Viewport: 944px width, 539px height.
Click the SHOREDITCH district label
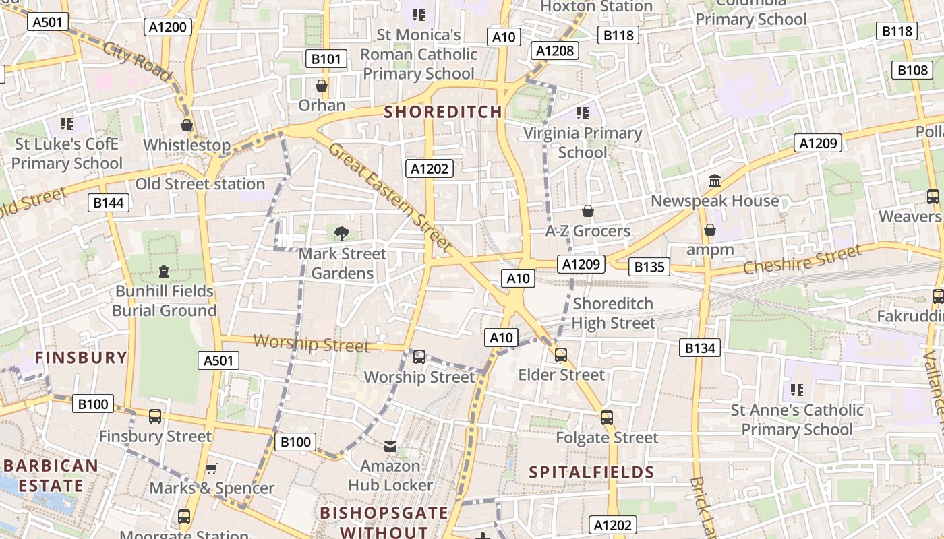point(443,112)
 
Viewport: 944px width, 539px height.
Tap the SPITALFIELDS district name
point(591,472)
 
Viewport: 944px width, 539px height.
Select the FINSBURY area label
point(81,357)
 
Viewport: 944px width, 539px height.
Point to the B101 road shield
point(326,59)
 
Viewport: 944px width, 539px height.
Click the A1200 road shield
point(168,27)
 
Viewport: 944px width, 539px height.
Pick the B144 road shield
point(109,203)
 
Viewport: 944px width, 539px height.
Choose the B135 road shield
point(649,267)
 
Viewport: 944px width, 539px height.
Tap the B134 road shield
point(700,348)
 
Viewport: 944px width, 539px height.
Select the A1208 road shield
point(555,50)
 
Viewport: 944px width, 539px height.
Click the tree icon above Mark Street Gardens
point(342,234)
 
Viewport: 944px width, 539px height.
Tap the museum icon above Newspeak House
point(715,181)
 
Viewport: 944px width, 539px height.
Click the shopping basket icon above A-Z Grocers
point(588,211)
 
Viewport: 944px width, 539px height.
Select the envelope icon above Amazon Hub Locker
point(390,446)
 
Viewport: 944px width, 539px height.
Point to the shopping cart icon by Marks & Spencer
point(212,468)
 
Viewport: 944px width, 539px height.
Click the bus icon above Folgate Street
point(607,418)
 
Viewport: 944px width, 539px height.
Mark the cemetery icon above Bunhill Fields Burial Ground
point(164,272)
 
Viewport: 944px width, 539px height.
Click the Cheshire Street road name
point(802,259)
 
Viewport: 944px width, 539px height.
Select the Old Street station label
point(200,184)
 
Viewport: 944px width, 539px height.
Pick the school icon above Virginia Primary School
point(583,113)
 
